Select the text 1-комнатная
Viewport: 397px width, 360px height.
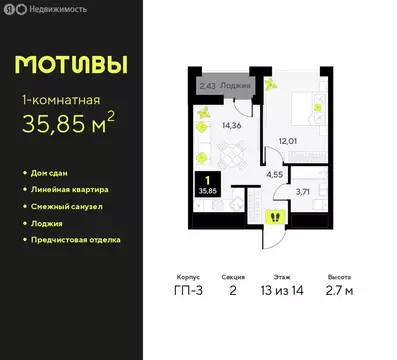pyautogui.click(x=63, y=100)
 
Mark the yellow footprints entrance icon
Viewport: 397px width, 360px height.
pyautogui.click(x=273, y=216)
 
